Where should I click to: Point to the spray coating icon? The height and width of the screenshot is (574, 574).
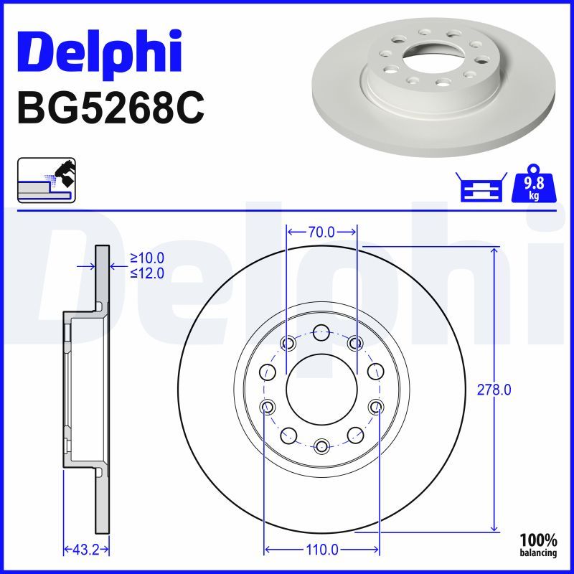coord(46,179)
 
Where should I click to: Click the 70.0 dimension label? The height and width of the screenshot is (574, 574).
coord(321,232)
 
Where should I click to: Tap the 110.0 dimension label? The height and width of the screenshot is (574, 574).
coord(322,550)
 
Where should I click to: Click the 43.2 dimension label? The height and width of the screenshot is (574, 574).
coord(86,550)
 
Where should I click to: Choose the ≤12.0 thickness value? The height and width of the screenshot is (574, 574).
coord(147,273)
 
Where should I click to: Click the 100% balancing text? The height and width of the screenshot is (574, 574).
coord(538,545)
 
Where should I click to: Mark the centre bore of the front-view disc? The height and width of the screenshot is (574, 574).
coord(321,390)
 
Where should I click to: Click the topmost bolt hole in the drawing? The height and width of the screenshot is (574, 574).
coord(321,332)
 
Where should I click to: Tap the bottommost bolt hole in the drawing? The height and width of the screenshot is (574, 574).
coord(321,446)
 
